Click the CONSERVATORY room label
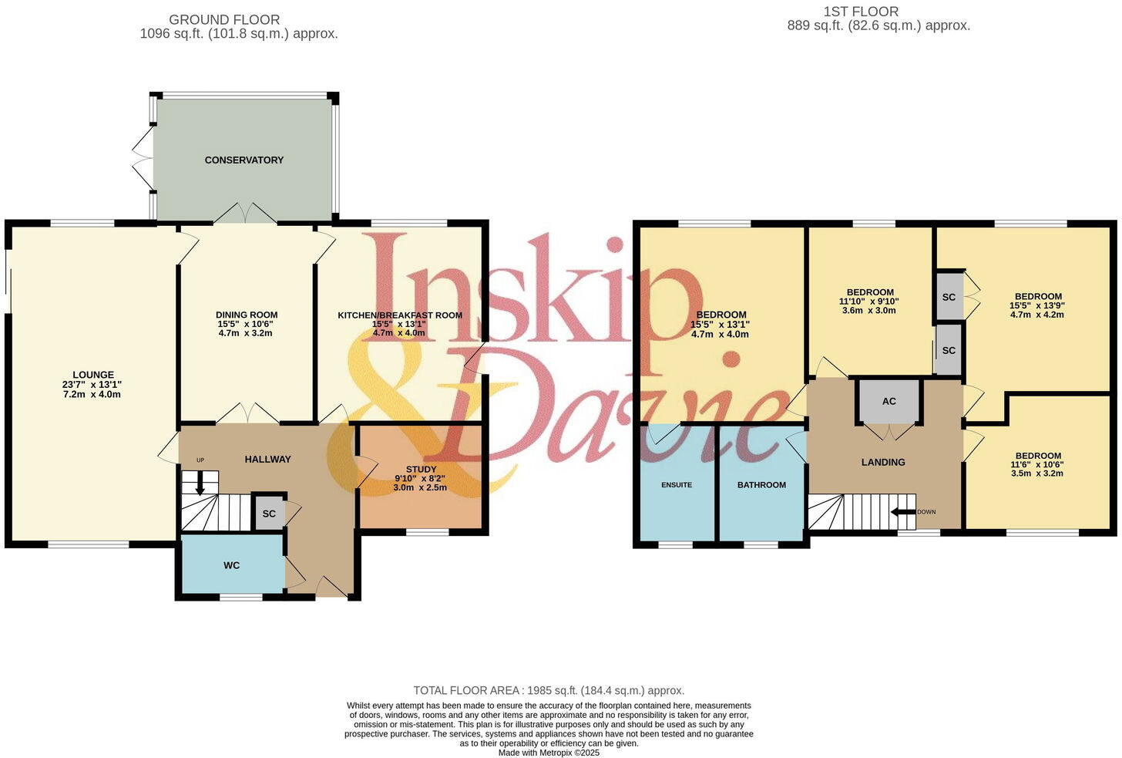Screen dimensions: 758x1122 244,160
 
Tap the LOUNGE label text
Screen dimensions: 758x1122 93,376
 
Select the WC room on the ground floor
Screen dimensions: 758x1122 231,565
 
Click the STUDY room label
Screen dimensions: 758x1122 421,470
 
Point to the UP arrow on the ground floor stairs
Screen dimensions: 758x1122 200,483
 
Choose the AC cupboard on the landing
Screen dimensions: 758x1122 889,401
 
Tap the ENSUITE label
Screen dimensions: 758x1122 676,485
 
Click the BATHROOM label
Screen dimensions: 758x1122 761,485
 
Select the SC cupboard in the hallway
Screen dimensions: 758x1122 269,514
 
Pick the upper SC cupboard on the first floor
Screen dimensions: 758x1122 949,297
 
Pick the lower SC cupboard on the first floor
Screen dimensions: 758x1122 949,350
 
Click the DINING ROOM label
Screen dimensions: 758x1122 247,315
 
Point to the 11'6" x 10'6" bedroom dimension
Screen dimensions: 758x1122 1037,465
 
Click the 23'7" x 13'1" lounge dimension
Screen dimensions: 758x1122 93,385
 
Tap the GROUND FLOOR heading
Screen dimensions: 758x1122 224,19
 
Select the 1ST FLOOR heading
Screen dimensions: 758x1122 861,12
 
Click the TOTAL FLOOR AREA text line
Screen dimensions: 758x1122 549,691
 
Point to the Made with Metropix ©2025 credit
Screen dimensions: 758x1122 549,753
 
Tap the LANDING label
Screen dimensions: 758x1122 883,462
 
